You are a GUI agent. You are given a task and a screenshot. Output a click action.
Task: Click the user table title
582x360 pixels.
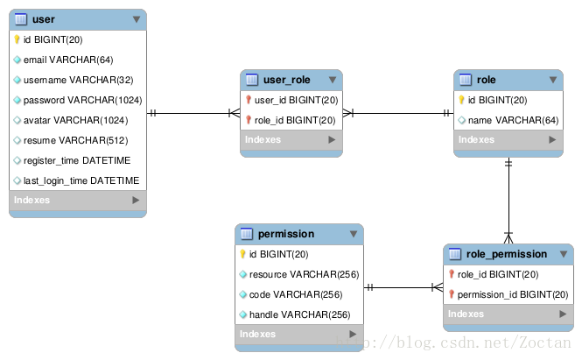pyautogui.click(x=43, y=19)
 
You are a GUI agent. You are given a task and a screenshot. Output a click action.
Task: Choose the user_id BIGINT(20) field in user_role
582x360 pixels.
pyautogui.click(x=295, y=100)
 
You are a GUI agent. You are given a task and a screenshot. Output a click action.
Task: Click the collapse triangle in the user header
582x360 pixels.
pyautogui.click(x=137, y=19)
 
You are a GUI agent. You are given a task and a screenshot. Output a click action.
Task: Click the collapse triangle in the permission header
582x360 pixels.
pyautogui.click(x=354, y=235)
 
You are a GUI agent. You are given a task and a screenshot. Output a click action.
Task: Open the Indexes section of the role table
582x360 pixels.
pyautogui.click(x=508, y=140)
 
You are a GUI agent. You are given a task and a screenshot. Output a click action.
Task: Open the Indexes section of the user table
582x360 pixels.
pyautogui.click(x=77, y=201)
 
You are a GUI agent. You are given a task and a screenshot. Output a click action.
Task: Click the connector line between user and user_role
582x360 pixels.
pyautogui.click(x=193, y=113)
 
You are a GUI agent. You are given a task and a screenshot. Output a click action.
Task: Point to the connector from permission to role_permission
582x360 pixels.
pyautogui.click(x=403, y=287)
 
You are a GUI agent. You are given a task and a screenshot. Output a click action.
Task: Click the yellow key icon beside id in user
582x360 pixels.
pyautogui.click(x=18, y=39)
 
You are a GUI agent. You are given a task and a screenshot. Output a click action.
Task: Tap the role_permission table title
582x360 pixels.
pyautogui.click(x=507, y=254)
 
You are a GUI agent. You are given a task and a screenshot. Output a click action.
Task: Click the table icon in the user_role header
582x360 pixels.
pyautogui.click(x=251, y=81)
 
